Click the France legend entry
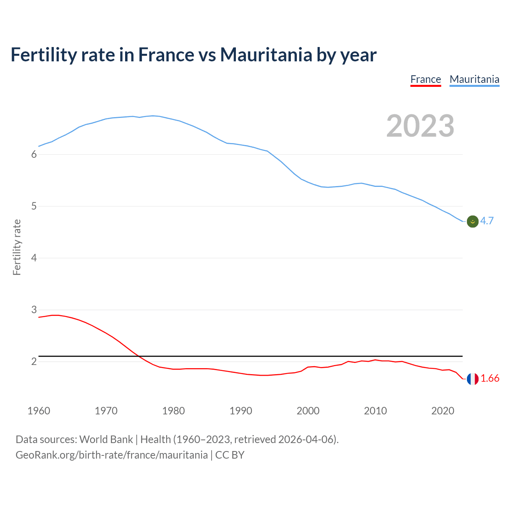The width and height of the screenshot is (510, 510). pyautogui.click(x=426, y=79)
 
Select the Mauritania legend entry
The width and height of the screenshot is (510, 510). pyautogui.click(x=474, y=79)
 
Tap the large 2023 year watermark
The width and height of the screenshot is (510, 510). pyautogui.click(x=420, y=126)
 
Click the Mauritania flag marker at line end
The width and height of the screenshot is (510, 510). pyautogui.click(x=473, y=222)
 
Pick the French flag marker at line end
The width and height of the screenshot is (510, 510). pyautogui.click(x=473, y=379)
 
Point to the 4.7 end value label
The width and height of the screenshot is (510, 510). pyautogui.click(x=487, y=221)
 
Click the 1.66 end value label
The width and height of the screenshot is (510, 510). pyautogui.click(x=490, y=379)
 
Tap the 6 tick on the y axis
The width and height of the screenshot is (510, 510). pyautogui.click(x=34, y=155)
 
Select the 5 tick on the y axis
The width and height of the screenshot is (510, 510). pyautogui.click(x=34, y=206)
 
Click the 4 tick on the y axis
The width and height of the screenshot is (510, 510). pyautogui.click(x=34, y=258)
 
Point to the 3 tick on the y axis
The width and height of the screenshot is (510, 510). pyautogui.click(x=34, y=310)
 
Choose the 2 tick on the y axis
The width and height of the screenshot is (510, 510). pyautogui.click(x=34, y=362)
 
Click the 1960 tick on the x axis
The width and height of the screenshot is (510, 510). pyautogui.click(x=39, y=411)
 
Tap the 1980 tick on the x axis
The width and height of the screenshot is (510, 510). pyautogui.click(x=173, y=411)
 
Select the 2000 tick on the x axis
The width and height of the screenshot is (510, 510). pyautogui.click(x=308, y=411)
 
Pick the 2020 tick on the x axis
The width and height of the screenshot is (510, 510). pyautogui.click(x=443, y=411)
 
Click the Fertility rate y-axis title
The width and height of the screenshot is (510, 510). pyautogui.click(x=17, y=247)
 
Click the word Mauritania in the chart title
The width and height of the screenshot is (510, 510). pyautogui.click(x=266, y=55)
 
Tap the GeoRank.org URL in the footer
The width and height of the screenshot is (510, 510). pyautogui.click(x=112, y=455)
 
